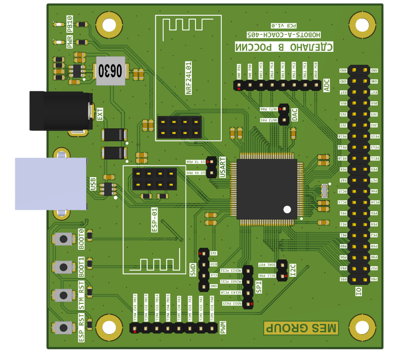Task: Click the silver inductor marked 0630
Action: [x=110, y=71]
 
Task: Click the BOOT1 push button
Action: [x=63, y=267]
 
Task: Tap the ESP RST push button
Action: [x=63, y=327]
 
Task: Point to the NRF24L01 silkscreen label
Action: [x=189, y=78]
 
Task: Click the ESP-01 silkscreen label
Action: [x=155, y=220]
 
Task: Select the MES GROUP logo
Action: [x=301, y=328]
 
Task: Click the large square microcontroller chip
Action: [x=266, y=189]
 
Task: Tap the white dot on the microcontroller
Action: [x=287, y=210]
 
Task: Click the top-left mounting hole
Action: [x=109, y=25]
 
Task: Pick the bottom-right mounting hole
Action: [x=362, y=328]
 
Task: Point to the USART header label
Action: [x=223, y=167]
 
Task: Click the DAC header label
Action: [x=295, y=115]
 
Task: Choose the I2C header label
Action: [x=293, y=270]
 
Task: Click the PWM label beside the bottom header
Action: [x=223, y=328]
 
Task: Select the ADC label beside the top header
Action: [x=327, y=85]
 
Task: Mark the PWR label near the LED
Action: [x=69, y=42]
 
